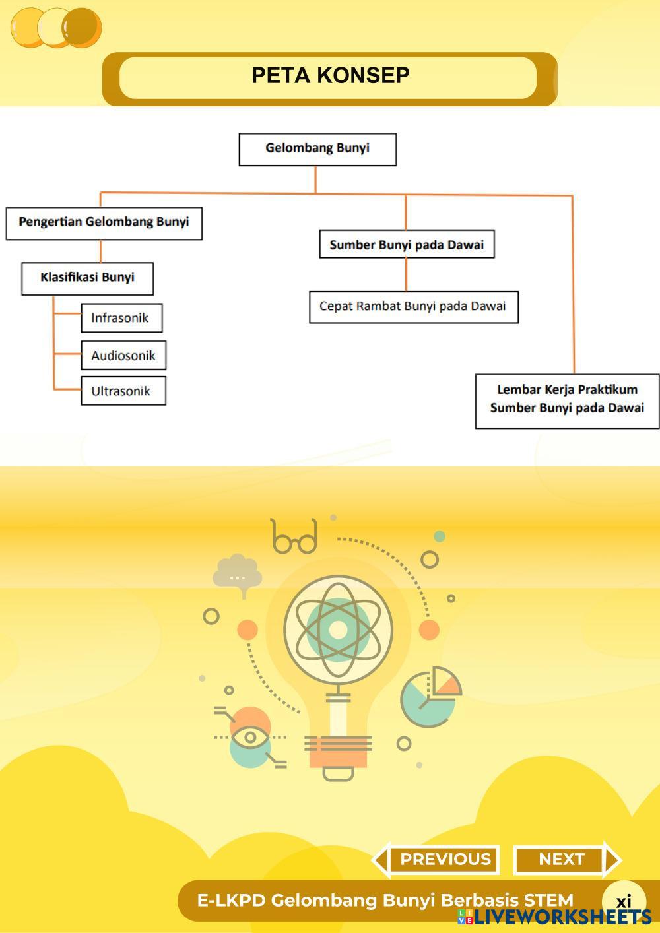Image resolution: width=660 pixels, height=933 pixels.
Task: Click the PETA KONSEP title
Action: (330, 76)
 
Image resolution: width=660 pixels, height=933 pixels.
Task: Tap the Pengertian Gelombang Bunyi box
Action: (104, 223)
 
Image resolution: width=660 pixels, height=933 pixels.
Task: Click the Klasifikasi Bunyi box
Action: (87, 278)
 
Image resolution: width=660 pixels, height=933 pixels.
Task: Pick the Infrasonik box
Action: (121, 318)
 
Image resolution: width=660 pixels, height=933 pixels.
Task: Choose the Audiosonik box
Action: (123, 356)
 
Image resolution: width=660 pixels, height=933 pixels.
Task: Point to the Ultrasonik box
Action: (123, 391)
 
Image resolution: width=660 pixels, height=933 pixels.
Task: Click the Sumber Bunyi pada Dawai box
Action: (407, 245)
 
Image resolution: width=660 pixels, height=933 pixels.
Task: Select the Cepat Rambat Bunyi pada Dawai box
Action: (413, 307)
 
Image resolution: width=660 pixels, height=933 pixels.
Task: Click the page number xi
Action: (624, 901)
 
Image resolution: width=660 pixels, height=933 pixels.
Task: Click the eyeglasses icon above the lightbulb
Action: (294, 537)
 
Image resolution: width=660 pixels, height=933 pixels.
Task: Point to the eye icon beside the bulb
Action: (250, 736)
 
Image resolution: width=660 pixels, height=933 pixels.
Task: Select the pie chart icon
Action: (430, 698)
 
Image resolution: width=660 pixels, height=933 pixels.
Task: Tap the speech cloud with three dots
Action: (237, 574)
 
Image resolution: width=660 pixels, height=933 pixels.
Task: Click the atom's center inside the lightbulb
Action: (338, 630)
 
